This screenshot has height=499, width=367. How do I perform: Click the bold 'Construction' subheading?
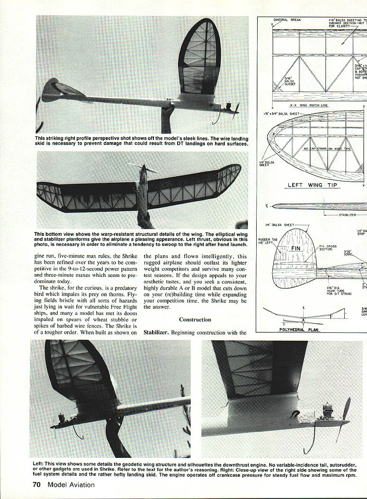click(195, 320)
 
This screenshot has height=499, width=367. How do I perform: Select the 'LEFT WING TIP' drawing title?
click(313, 185)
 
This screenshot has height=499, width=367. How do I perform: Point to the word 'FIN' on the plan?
click(295, 248)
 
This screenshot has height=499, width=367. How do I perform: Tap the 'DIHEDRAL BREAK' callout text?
click(287, 20)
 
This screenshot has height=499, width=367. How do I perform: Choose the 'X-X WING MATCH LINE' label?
click(309, 106)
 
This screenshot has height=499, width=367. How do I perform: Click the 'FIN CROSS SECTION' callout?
click(328, 248)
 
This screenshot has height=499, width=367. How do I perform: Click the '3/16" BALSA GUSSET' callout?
click(288, 81)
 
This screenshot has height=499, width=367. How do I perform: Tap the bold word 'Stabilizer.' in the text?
click(156, 332)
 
